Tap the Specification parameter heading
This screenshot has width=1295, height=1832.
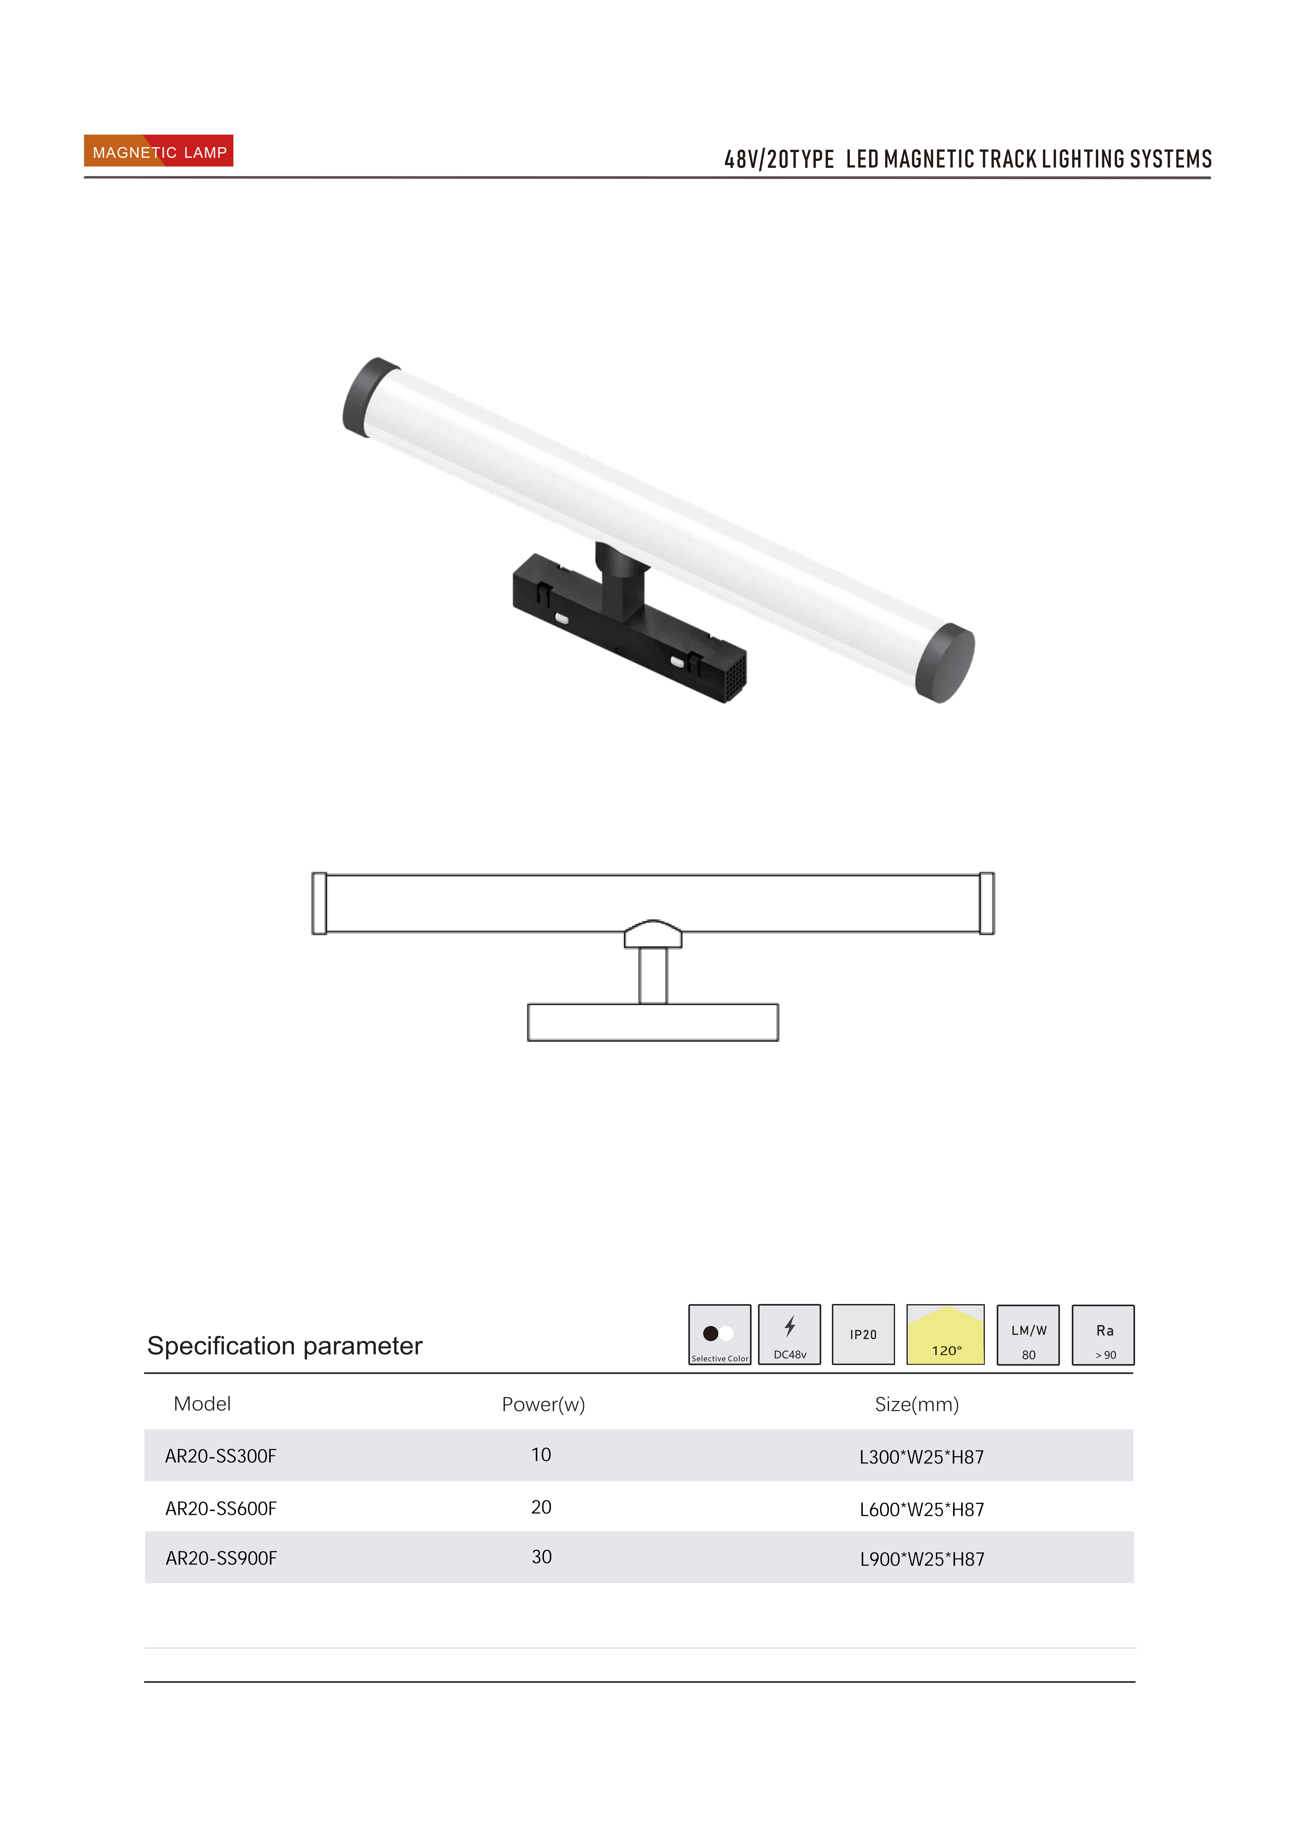(285, 1346)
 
